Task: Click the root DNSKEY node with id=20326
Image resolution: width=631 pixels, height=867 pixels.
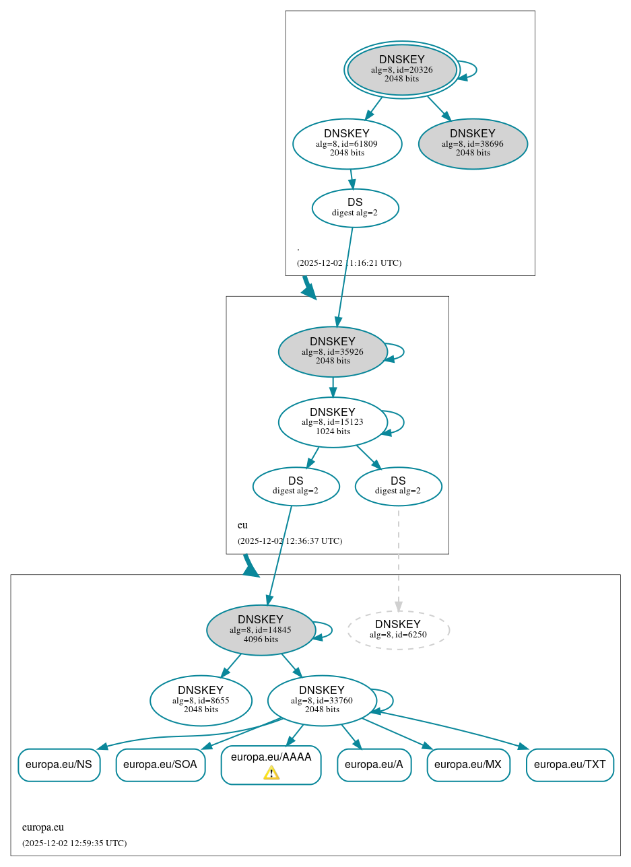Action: [x=402, y=69]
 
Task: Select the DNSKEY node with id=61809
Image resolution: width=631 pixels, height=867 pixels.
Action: [x=347, y=143]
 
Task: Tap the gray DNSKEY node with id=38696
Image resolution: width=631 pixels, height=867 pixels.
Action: [x=473, y=143]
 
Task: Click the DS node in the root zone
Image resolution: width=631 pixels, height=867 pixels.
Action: [x=355, y=208]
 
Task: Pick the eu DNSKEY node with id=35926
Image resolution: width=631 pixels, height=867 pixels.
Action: [x=333, y=351]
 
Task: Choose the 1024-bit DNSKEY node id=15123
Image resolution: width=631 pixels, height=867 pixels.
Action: [x=333, y=422]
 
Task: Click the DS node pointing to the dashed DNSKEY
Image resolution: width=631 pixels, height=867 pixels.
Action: [x=398, y=486]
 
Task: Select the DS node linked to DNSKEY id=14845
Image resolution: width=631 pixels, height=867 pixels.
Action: [x=296, y=486]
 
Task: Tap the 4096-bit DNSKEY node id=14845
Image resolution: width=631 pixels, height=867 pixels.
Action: [x=261, y=630]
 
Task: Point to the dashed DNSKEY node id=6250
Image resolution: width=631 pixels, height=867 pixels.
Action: [x=398, y=630]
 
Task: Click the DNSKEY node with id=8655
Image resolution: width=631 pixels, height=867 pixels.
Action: [x=201, y=701]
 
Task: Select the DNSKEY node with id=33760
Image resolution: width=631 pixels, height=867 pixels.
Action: [x=322, y=701]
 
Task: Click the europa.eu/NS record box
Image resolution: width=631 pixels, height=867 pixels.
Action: [x=59, y=765]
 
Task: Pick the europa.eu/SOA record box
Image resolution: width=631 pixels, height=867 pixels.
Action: [x=160, y=765]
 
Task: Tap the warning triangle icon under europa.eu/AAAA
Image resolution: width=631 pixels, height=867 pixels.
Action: [x=271, y=773]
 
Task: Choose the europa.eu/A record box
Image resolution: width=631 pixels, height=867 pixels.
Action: [x=374, y=765]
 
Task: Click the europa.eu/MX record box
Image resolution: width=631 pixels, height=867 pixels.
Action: [x=468, y=765]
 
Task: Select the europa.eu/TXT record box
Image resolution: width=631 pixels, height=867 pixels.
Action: [x=570, y=765]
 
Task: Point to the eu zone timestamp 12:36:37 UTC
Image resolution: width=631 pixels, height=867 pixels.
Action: [x=290, y=541]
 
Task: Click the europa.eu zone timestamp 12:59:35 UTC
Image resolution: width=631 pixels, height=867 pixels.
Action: [x=74, y=843]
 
